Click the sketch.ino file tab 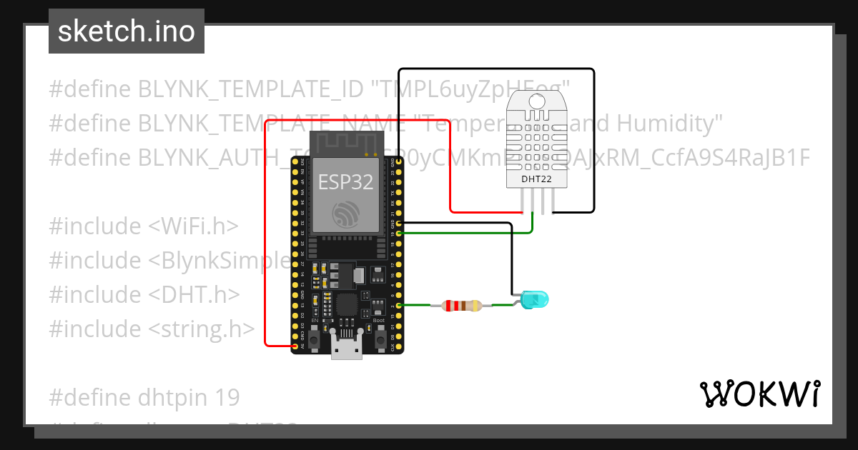[127, 31]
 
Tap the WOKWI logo [759, 394]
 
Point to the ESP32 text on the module [345, 181]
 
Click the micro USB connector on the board [347, 349]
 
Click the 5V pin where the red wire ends [295, 346]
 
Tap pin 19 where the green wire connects [398, 233]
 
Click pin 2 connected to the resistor [398, 306]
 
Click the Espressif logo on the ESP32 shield [347, 214]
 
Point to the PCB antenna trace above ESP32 [346, 143]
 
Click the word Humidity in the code [665, 124]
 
